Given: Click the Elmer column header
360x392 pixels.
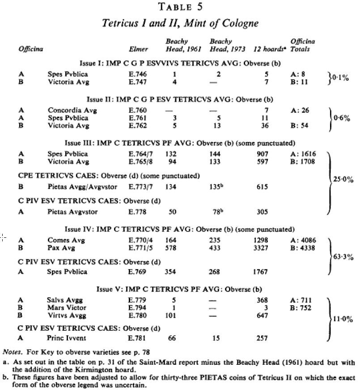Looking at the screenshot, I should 136,49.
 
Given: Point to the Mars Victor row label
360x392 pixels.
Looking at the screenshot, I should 66,308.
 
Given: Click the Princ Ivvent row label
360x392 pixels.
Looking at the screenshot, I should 66,338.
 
